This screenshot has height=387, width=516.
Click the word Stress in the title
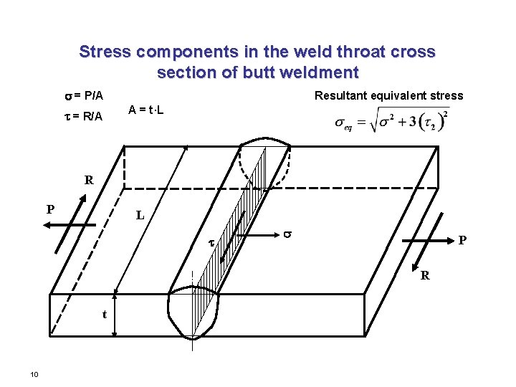(105, 52)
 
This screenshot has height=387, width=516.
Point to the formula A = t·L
(148, 110)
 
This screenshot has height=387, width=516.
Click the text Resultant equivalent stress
(389, 95)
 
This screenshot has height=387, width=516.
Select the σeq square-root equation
(392, 121)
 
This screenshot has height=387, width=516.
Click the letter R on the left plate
(89, 181)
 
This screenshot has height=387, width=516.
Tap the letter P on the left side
(49, 209)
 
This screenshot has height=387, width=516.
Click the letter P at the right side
(463, 241)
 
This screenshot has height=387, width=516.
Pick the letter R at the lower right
(425, 275)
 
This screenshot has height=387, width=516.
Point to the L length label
(140, 215)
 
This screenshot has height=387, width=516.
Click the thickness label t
(105, 314)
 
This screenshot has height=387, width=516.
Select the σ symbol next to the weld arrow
(287, 233)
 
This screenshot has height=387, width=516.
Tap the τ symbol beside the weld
(211, 244)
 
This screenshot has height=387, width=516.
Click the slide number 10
(34, 374)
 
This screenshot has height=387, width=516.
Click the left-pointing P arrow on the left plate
(68, 225)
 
